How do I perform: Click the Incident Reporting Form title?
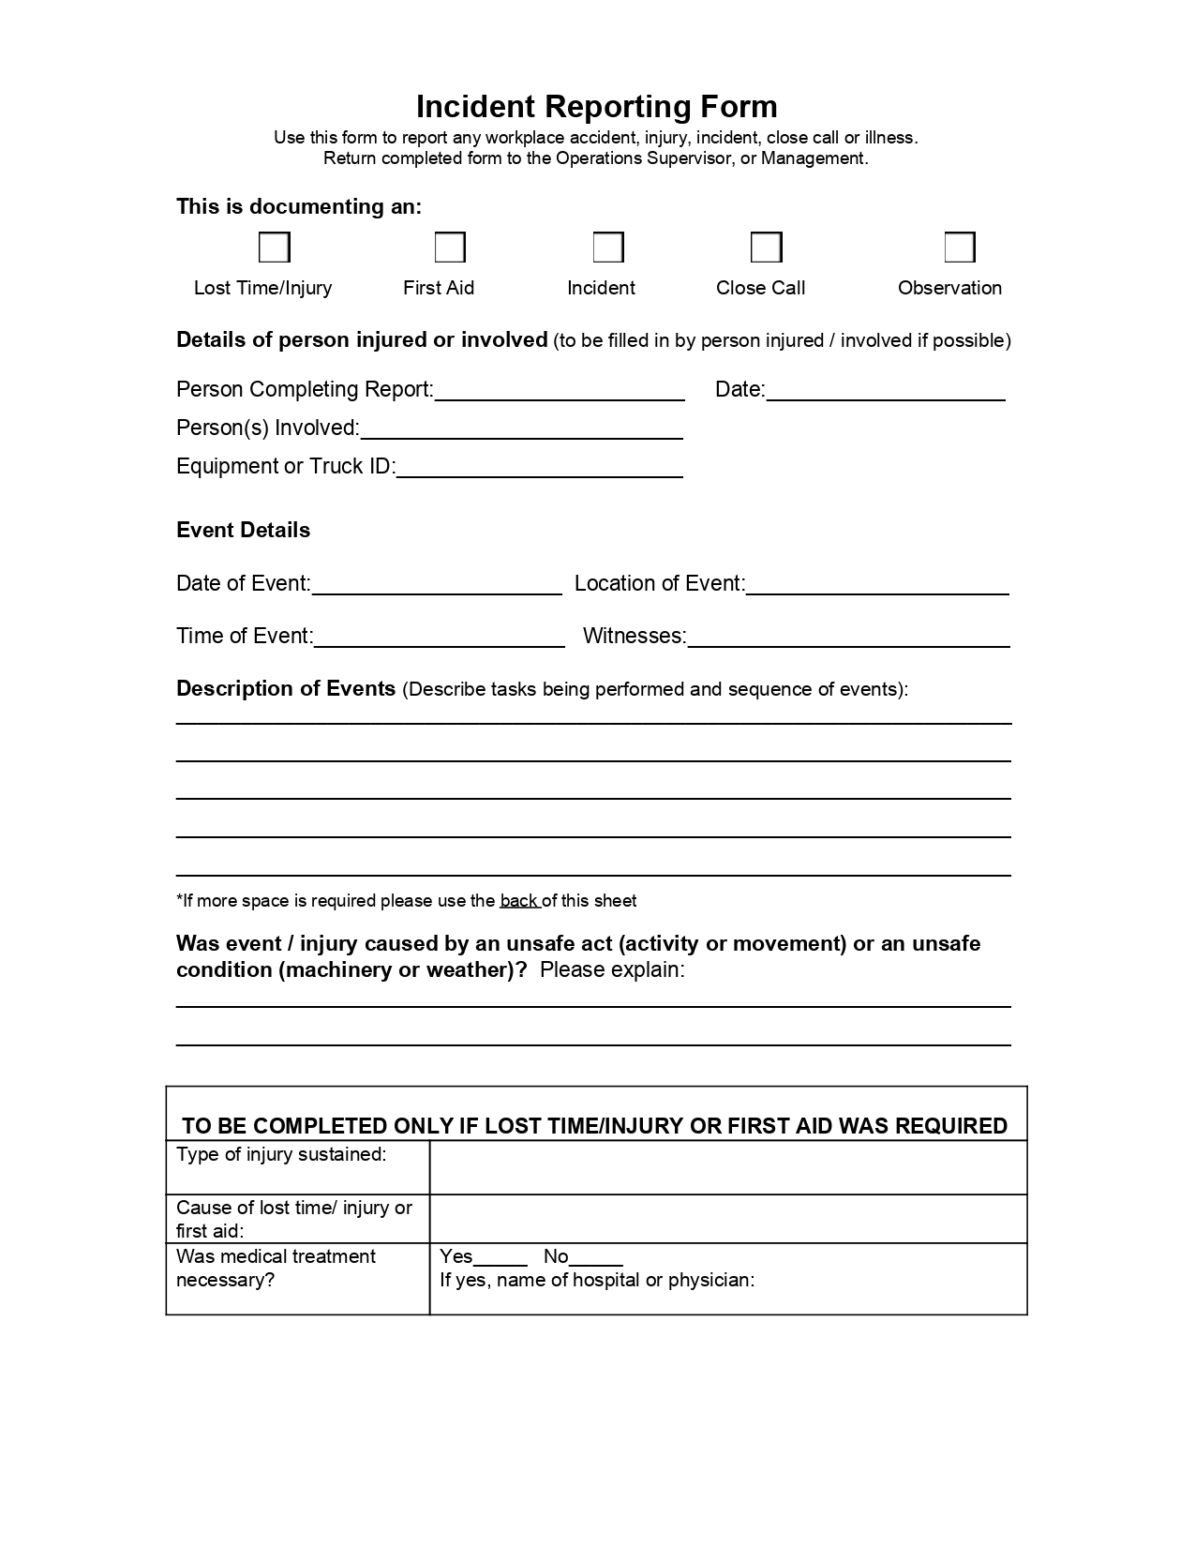click(x=596, y=107)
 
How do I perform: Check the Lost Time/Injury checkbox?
click(x=274, y=248)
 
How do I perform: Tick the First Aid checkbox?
click(x=450, y=248)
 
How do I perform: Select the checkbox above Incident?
click(x=608, y=248)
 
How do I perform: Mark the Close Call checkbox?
click(x=766, y=248)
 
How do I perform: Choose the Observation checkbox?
click(x=960, y=248)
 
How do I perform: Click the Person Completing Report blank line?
click(x=560, y=392)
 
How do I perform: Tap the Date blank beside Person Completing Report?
click(x=886, y=392)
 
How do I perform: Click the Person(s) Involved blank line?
click(x=521, y=430)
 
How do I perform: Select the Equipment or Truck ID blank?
click(x=539, y=469)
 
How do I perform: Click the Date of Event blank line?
click(x=437, y=586)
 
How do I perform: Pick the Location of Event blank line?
click(x=877, y=586)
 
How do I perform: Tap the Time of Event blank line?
click(x=440, y=638)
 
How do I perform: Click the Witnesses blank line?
click(x=848, y=638)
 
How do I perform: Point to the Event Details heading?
click(x=243, y=530)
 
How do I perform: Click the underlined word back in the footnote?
click(x=519, y=901)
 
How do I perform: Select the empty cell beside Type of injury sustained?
click(x=728, y=1167)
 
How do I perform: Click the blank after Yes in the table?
click(x=500, y=1258)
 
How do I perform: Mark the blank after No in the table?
click(x=596, y=1258)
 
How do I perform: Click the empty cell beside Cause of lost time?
click(x=728, y=1219)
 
